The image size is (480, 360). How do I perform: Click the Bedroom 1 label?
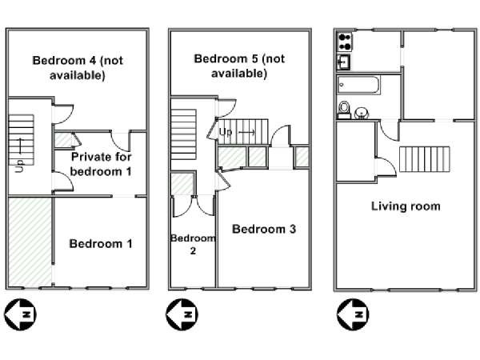pyautogui.click(x=101, y=244)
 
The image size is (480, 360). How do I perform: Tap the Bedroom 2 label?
pyautogui.click(x=193, y=244)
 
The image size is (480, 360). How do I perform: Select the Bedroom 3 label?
pyautogui.click(x=264, y=229)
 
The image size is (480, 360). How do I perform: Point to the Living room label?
pyautogui.click(x=406, y=206)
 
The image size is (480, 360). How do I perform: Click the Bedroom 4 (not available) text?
pyautogui.click(x=78, y=68)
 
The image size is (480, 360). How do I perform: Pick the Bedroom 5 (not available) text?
pyautogui.click(x=239, y=66)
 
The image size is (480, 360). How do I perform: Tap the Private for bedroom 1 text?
pyautogui.click(x=101, y=164)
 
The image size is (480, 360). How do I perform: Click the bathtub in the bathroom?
pyautogui.click(x=358, y=85)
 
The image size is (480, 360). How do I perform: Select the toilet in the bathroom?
pyautogui.click(x=344, y=110)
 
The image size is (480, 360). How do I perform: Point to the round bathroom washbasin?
pyautogui.click(x=362, y=113)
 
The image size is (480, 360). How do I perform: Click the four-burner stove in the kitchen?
pyautogui.click(x=345, y=42)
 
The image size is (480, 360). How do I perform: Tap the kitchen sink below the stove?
pyautogui.click(x=344, y=62)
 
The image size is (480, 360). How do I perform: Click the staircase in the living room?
pyautogui.click(x=424, y=159)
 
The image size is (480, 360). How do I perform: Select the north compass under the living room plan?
pyautogui.click(x=353, y=314)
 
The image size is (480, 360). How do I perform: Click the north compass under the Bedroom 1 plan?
pyautogui.click(x=20, y=314)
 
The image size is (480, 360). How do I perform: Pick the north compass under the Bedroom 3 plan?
pyautogui.click(x=182, y=314)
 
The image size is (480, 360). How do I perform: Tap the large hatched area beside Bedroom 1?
pyautogui.click(x=30, y=242)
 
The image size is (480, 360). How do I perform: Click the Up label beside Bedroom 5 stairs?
pyautogui.click(x=226, y=132)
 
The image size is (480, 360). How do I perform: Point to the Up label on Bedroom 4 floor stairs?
pyautogui.click(x=19, y=166)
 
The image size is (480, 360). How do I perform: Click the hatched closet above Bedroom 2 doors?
pyautogui.click(x=182, y=184)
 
